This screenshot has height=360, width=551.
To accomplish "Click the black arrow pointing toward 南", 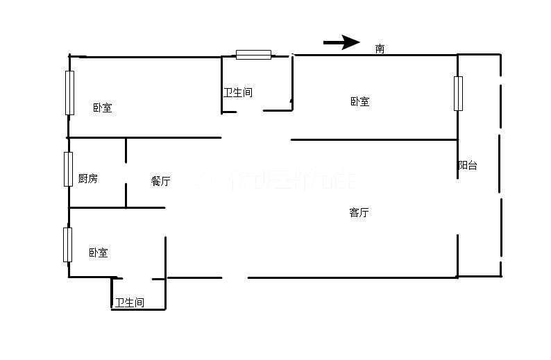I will pos(341,43).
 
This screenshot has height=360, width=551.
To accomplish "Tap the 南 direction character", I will pos(380,49).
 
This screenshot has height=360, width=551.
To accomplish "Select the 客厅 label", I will pos(359,213).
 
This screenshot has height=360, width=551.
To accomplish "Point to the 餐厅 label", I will pos(160,181).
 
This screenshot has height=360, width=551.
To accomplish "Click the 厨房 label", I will pos(87,178).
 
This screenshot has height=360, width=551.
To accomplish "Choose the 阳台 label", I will pos(468,166).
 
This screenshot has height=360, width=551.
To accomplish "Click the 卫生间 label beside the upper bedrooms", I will pos(237,92).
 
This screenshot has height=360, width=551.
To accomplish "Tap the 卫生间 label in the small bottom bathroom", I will pos(130,302).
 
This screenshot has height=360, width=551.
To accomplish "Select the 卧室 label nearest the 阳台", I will pos(359,101).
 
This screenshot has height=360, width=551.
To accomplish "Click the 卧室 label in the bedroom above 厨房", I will pos(102,108).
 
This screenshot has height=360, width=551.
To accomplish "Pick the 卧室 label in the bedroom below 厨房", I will pos(98,253).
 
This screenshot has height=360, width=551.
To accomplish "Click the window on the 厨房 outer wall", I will pos(68,169).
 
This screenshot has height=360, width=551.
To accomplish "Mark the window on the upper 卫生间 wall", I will pos(253,55).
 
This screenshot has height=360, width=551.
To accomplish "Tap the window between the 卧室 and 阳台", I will pos(458,93).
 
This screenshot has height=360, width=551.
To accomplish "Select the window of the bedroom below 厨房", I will pos(67,244).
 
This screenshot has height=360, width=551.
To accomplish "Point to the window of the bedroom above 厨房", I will pos(69,92).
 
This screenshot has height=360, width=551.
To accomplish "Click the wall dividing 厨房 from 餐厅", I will pos(126,173).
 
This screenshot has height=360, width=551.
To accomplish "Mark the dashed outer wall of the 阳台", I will pos(500,166).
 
